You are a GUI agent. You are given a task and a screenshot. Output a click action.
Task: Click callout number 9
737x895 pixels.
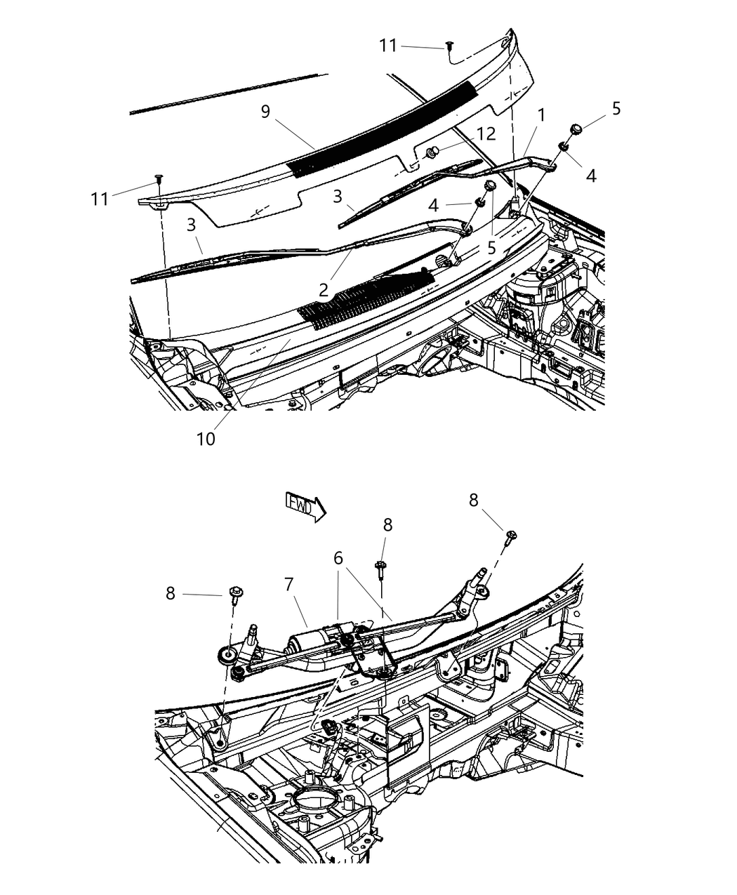tap(265, 112)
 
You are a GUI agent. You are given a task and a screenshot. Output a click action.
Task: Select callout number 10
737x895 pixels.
tap(206, 439)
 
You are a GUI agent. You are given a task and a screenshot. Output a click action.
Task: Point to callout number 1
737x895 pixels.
tap(541, 114)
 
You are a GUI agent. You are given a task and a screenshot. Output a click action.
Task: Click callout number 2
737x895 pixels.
tap(323, 290)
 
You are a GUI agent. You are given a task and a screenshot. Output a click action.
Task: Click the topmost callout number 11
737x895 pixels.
tap(388, 46)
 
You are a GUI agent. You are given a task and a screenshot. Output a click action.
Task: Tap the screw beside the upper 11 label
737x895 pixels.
tap(447, 46)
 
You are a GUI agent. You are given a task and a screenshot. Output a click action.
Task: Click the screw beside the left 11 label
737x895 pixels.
tap(159, 179)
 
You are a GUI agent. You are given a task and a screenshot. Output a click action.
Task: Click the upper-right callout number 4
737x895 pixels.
tap(591, 176)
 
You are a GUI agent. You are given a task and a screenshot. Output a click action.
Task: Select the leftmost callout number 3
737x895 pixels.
tap(192, 225)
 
